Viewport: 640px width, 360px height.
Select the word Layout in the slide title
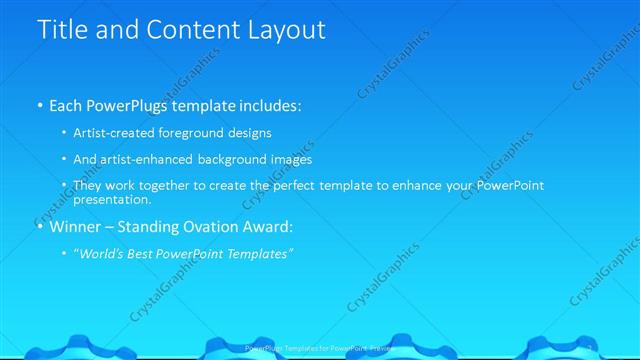pos(283,30)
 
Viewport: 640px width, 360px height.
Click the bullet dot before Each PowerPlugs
pos(39,105)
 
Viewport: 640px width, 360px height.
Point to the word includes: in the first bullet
pos(266,105)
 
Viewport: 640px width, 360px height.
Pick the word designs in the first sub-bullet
pos(250,133)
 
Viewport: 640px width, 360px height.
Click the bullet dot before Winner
pos(39,227)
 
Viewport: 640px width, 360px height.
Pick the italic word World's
pos(103,254)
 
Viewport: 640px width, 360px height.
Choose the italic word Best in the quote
pos(149,254)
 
